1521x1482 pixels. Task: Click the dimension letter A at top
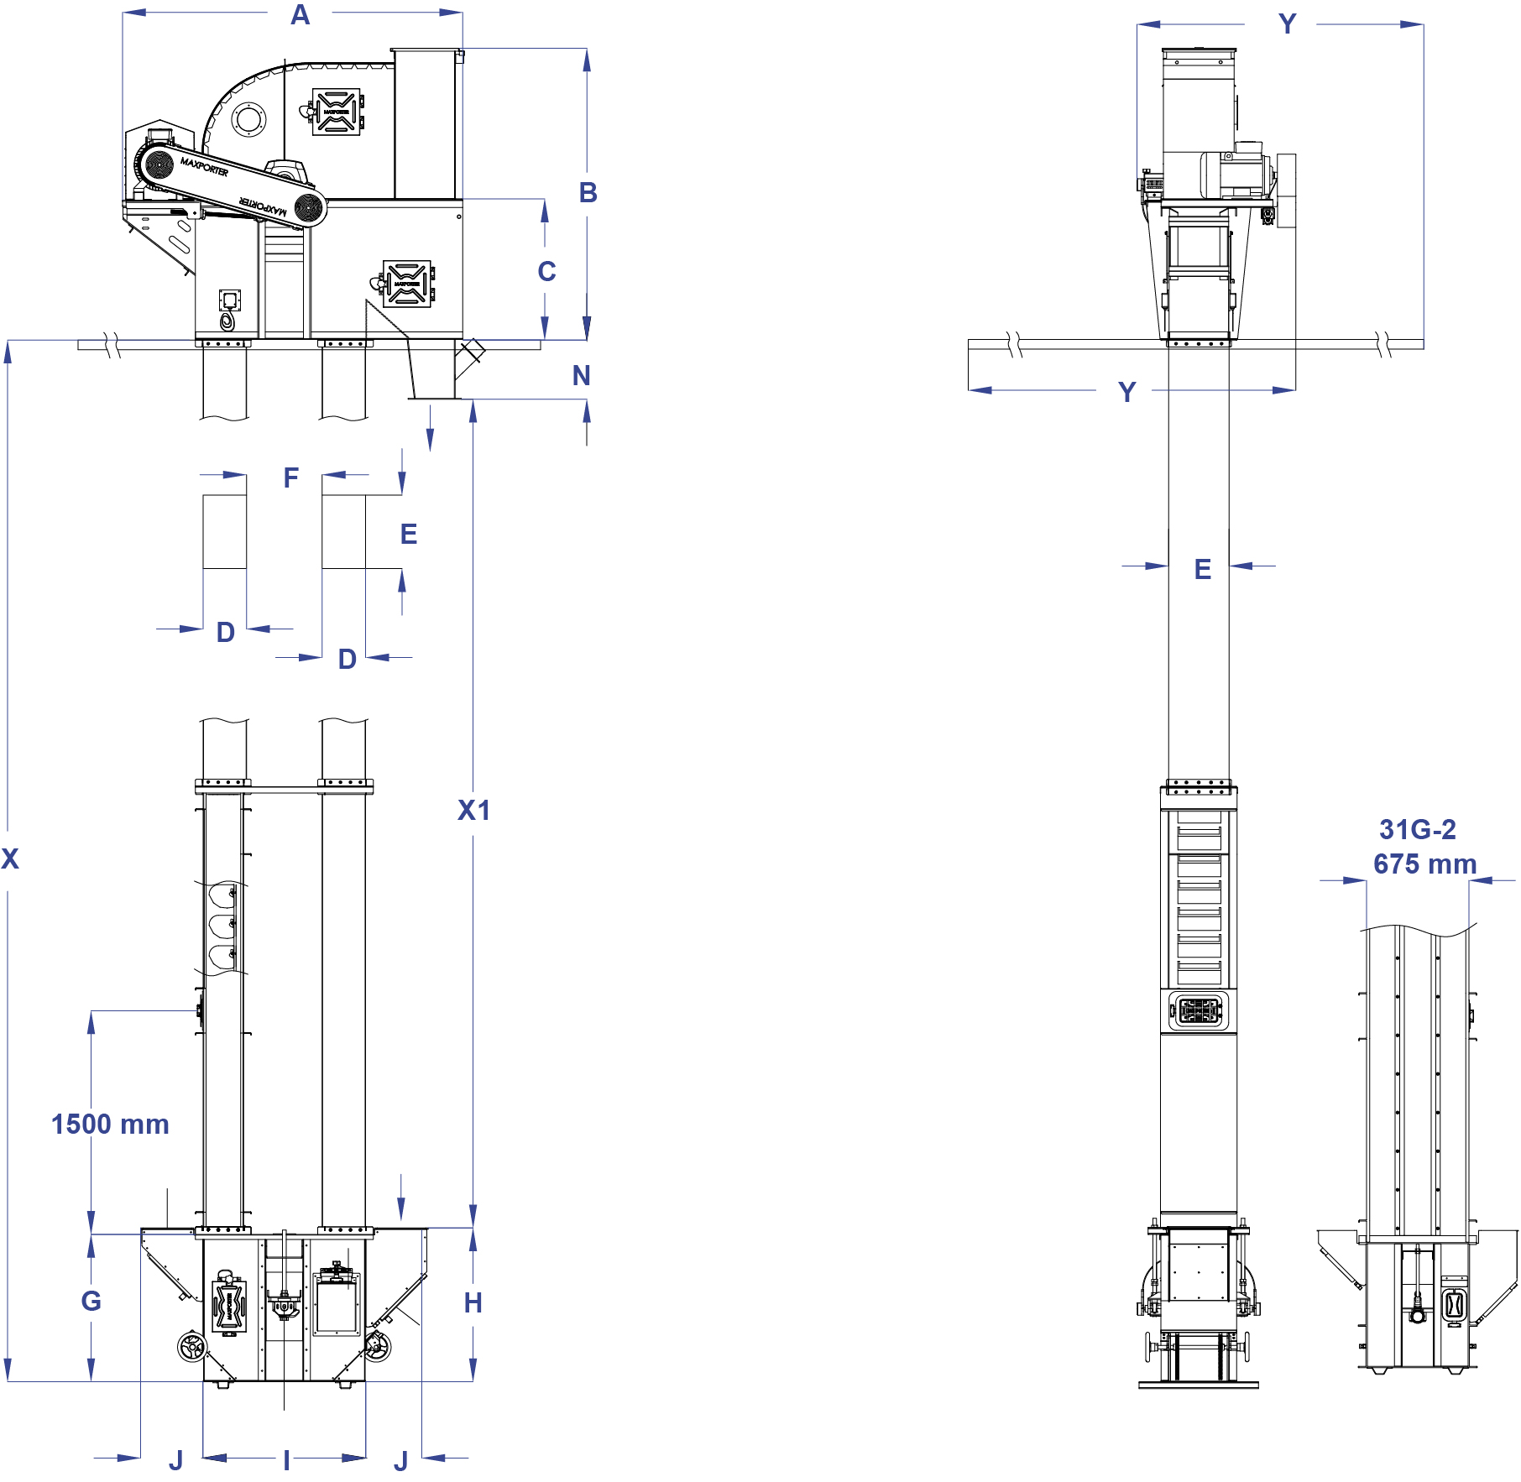(x=300, y=15)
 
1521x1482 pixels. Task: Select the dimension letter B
(x=588, y=193)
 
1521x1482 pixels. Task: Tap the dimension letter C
(x=546, y=272)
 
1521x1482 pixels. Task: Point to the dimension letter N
(x=581, y=376)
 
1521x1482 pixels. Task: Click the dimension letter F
(x=290, y=478)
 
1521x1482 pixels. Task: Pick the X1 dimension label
(x=473, y=811)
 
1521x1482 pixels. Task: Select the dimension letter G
(x=91, y=1301)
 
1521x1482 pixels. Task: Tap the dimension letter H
(x=473, y=1302)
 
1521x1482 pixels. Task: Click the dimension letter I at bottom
(x=286, y=1461)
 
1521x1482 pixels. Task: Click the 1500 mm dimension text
(x=110, y=1125)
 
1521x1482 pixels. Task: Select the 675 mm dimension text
(x=1424, y=864)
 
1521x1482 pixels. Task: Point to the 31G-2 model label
(x=1418, y=830)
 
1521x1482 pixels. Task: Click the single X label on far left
(x=10, y=858)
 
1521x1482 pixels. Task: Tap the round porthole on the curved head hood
(x=248, y=119)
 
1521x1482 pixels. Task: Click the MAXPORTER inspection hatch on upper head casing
(x=337, y=111)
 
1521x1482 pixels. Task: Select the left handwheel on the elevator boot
(x=192, y=1347)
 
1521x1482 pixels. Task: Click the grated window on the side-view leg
(x=1199, y=1010)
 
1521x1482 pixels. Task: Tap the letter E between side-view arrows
(x=1203, y=570)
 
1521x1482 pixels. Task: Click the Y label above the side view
(x=1287, y=24)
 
